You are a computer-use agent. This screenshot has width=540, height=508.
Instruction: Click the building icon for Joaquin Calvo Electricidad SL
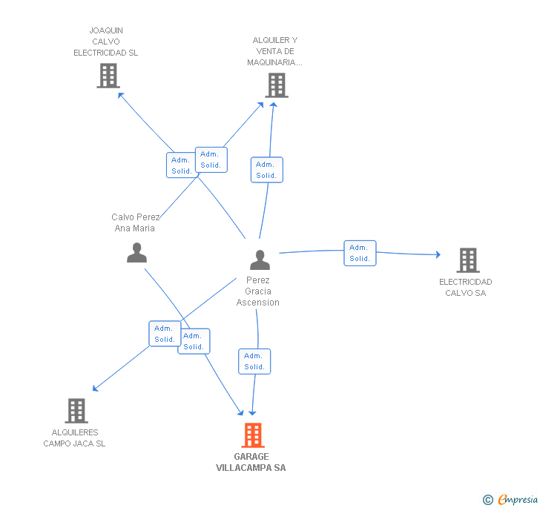(108, 76)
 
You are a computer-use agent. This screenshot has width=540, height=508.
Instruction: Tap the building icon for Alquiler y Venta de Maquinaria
(277, 85)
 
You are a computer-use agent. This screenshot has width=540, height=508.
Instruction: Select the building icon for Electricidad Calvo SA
(467, 260)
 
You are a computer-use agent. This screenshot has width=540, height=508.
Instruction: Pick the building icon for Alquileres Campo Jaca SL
(76, 411)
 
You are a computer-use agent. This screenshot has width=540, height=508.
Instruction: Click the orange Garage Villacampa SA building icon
(253, 435)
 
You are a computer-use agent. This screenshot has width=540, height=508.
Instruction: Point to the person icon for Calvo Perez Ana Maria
(136, 253)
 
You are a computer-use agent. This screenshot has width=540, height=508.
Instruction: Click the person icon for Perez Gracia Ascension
(260, 260)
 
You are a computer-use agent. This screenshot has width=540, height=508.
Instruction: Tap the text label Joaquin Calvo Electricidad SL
(105, 42)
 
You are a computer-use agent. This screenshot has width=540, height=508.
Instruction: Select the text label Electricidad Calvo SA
(465, 287)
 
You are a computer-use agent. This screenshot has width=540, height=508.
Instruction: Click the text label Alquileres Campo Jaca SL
(74, 438)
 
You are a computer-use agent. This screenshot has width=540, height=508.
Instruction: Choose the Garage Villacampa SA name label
(251, 462)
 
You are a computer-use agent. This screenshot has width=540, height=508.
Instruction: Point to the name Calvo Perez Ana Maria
(135, 222)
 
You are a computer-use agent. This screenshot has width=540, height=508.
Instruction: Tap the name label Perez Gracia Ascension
(258, 291)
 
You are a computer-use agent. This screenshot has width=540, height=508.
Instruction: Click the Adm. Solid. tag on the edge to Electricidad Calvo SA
(360, 253)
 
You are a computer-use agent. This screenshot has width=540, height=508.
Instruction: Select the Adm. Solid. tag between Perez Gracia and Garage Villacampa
(254, 361)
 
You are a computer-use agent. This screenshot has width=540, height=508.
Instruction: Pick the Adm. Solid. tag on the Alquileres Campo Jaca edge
(164, 334)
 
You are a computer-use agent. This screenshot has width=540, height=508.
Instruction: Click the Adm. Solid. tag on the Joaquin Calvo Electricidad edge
(181, 165)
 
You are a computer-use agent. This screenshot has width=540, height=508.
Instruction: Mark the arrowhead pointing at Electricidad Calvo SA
(438, 255)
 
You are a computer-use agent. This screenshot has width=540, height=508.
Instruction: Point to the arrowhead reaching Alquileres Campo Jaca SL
(95, 388)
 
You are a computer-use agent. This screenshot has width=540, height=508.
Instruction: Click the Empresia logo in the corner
(511, 499)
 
